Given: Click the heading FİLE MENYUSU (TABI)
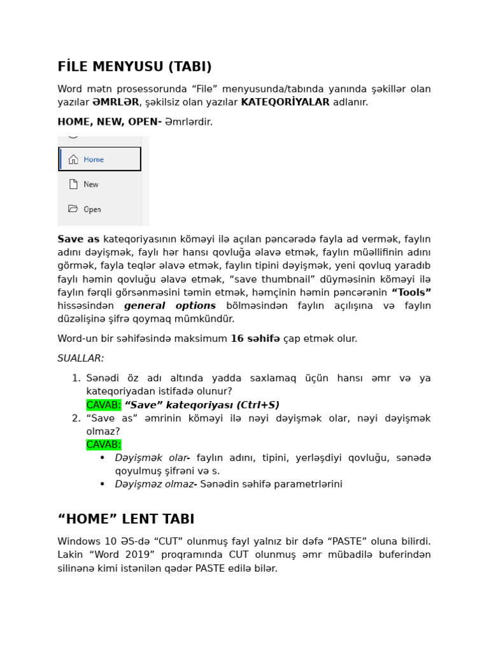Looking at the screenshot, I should click(x=134, y=67).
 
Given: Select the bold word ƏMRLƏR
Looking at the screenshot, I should click(x=115, y=102).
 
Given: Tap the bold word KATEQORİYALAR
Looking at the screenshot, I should click(x=285, y=102).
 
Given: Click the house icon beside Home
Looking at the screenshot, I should click(x=73, y=160).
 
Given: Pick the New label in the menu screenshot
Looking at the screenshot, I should click(x=91, y=185).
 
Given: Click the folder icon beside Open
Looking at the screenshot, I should click(x=73, y=209).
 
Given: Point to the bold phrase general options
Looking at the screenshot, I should click(x=170, y=306).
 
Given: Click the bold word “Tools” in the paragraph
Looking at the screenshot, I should click(x=411, y=292).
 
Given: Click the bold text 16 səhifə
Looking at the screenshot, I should click(x=255, y=339).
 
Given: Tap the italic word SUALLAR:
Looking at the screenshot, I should click(x=81, y=358).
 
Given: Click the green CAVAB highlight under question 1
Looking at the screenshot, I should click(x=103, y=405).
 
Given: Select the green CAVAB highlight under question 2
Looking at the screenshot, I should click(x=103, y=444).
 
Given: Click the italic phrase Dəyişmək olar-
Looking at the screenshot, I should click(x=152, y=458).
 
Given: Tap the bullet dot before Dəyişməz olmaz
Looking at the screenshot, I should click(x=103, y=485).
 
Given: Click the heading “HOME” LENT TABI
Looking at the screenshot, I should click(x=126, y=519).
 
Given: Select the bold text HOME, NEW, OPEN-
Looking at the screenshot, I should click(x=110, y=122).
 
